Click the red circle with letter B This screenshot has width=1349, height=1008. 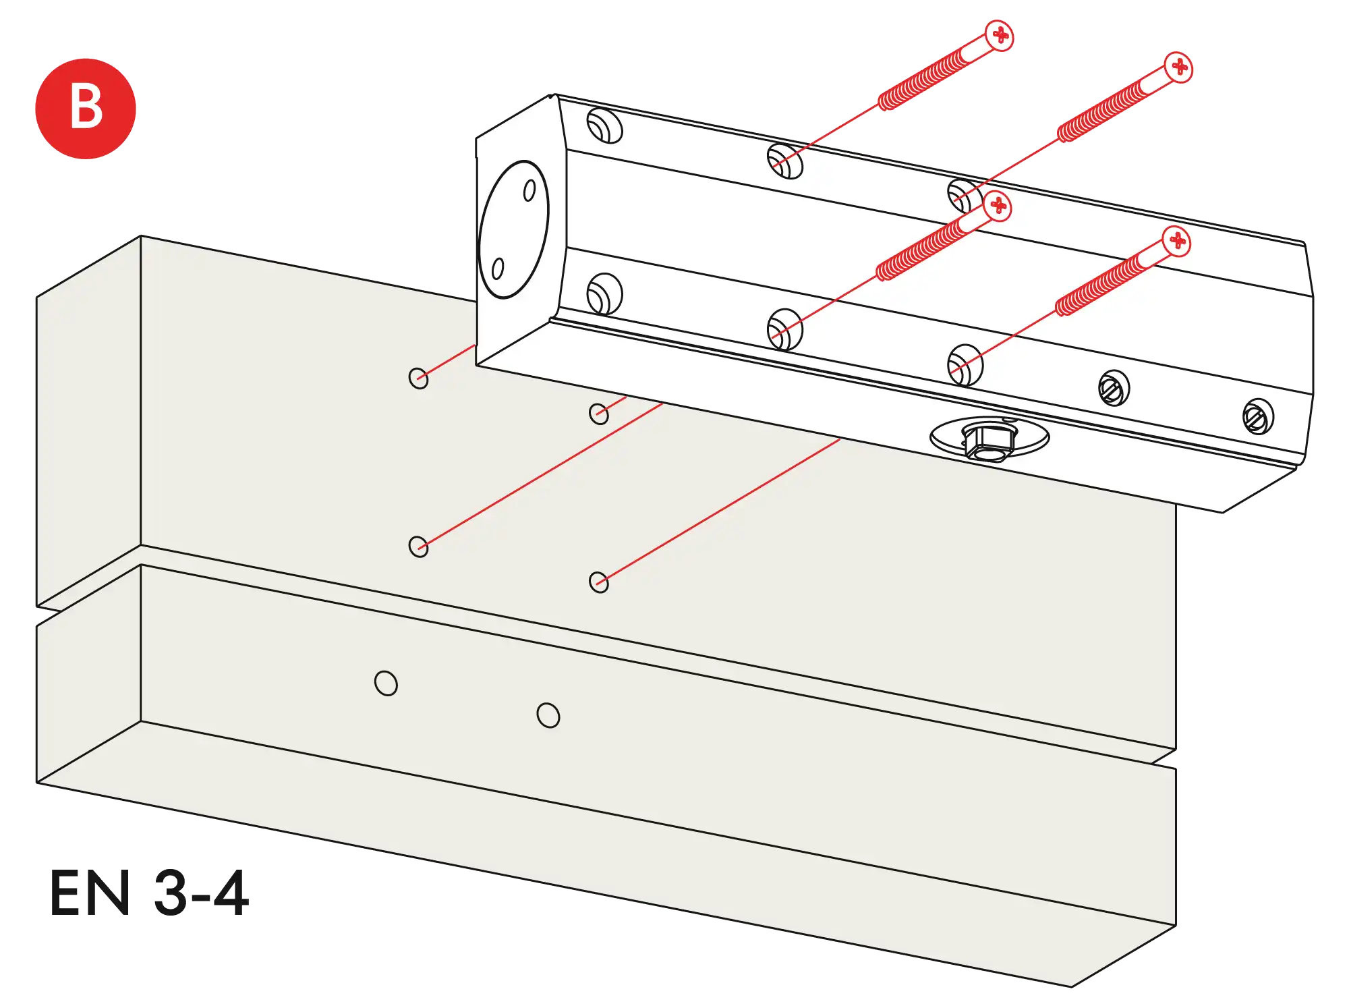coord(86,108)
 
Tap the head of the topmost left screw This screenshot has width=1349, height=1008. coord(1000,34)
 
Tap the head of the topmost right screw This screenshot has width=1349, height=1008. coord(1179,67)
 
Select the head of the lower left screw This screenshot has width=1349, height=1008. coord(998,206)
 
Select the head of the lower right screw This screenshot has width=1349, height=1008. coord(1177,241)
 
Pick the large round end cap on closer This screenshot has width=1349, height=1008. coord(513,229)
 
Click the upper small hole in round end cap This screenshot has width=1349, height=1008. coord(529,191)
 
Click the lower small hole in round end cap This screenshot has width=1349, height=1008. coord(498,269)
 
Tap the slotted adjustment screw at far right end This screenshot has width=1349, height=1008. coord(1257,417)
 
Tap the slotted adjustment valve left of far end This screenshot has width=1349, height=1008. coord(1114,388)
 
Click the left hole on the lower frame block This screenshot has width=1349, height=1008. coord(386,683)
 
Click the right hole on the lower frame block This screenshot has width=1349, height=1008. coord(548,715)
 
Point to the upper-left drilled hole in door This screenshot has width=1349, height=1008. coord(418,378)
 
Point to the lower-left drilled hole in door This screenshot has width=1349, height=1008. coord(418,546)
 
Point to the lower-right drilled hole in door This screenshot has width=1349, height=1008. coord(598,582)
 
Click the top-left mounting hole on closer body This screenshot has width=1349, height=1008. coord(604,126)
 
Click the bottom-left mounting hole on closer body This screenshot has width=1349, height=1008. coord(604,293)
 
